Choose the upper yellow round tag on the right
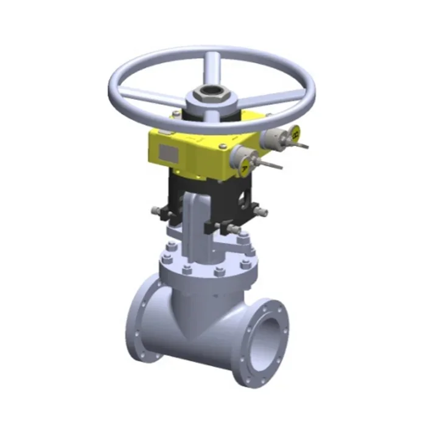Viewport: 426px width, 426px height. (x=295, y=132)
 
